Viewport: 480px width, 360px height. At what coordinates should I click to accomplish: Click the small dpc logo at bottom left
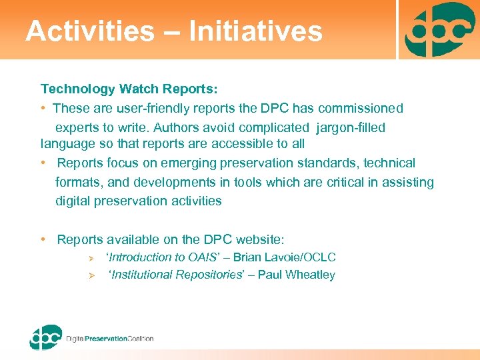[x=45, y=337]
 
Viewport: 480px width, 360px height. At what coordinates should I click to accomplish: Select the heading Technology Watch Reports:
[x=129, y=89]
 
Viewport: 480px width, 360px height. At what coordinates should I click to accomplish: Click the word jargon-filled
[x=349, y=127]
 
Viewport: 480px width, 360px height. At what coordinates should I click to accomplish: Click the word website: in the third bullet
[x=260, y=239]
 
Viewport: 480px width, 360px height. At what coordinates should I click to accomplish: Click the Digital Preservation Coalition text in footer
[x=109, y=339]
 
